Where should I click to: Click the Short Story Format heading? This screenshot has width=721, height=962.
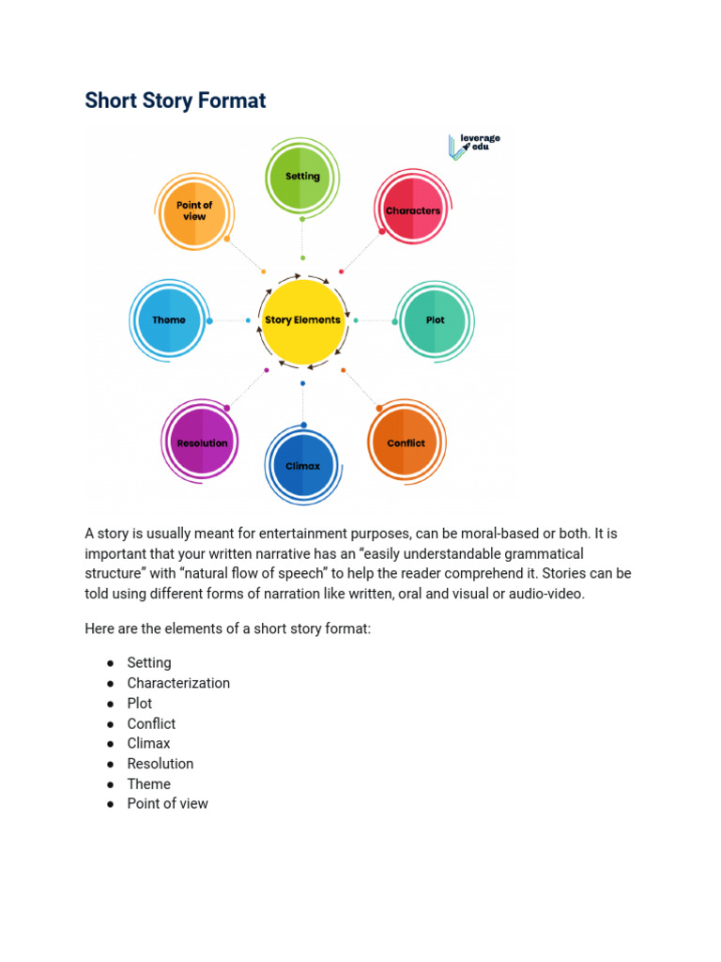click(176, 101)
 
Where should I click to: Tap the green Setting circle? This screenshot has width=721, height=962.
click(301, 177)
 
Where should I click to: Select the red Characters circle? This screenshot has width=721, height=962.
click(412, 210)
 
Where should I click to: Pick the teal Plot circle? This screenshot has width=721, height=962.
click(435, 320)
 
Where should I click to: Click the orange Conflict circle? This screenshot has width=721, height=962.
click(406, 443)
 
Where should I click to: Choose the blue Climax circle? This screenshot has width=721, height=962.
click(302, 466)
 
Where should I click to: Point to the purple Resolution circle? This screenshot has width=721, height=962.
click(202, 443)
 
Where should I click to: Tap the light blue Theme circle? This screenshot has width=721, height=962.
click(169, 320)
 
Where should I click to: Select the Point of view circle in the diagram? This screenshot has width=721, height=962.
click(194, 210)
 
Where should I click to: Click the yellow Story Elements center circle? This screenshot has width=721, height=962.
click(302, 320)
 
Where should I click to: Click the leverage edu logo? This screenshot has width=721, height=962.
click(475, 146)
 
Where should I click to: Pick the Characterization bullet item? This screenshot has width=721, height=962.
click(178, 683)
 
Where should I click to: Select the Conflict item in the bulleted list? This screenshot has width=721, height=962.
click(151, 723)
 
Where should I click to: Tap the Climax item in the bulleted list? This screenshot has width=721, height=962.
click(148, 743)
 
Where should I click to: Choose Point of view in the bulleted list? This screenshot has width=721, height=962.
click(168, 803)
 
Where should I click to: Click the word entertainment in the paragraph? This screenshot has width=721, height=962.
click(278, 534)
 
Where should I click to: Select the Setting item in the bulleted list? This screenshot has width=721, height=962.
click(149, 662)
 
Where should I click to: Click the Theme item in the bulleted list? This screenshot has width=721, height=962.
click(149, 784)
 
